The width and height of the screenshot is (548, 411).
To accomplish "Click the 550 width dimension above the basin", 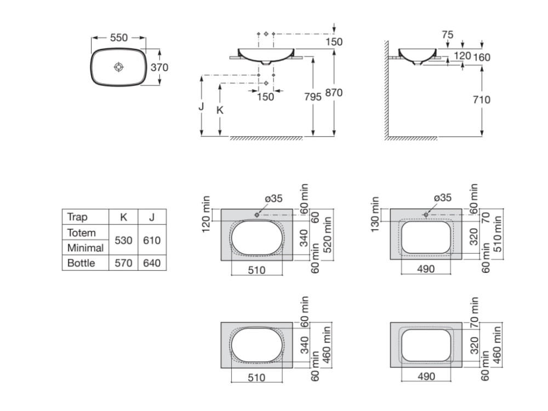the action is [119, 37].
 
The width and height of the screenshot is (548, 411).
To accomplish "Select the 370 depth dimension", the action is [159, 67].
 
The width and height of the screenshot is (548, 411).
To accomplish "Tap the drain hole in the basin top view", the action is [119, 67].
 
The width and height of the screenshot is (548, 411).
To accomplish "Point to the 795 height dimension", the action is [312, 97].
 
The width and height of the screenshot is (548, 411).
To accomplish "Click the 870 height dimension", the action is [334, 93].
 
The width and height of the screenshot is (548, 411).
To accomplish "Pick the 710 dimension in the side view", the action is [482, 100].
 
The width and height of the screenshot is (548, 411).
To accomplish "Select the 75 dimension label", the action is [447, 35].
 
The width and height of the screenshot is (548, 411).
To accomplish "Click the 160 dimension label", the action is [482, 57].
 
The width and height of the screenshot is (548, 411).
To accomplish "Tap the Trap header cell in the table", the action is [77, 217].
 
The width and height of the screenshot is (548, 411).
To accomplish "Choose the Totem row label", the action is [82, 233].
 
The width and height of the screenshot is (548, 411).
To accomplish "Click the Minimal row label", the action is [85, 248].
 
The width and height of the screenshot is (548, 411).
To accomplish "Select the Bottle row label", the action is [81, 263].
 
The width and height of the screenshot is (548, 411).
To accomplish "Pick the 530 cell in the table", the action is [123, 241].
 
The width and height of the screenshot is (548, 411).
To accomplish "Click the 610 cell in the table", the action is [152, 241].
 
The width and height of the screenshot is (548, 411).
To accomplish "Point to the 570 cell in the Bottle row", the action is [123, 263].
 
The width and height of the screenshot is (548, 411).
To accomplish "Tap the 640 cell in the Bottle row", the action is [152, 263].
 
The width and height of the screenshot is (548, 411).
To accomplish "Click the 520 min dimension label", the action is [327, 235].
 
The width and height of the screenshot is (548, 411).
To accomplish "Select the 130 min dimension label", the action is [375, 214].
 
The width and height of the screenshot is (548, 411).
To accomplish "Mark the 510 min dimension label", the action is [497, 234].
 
